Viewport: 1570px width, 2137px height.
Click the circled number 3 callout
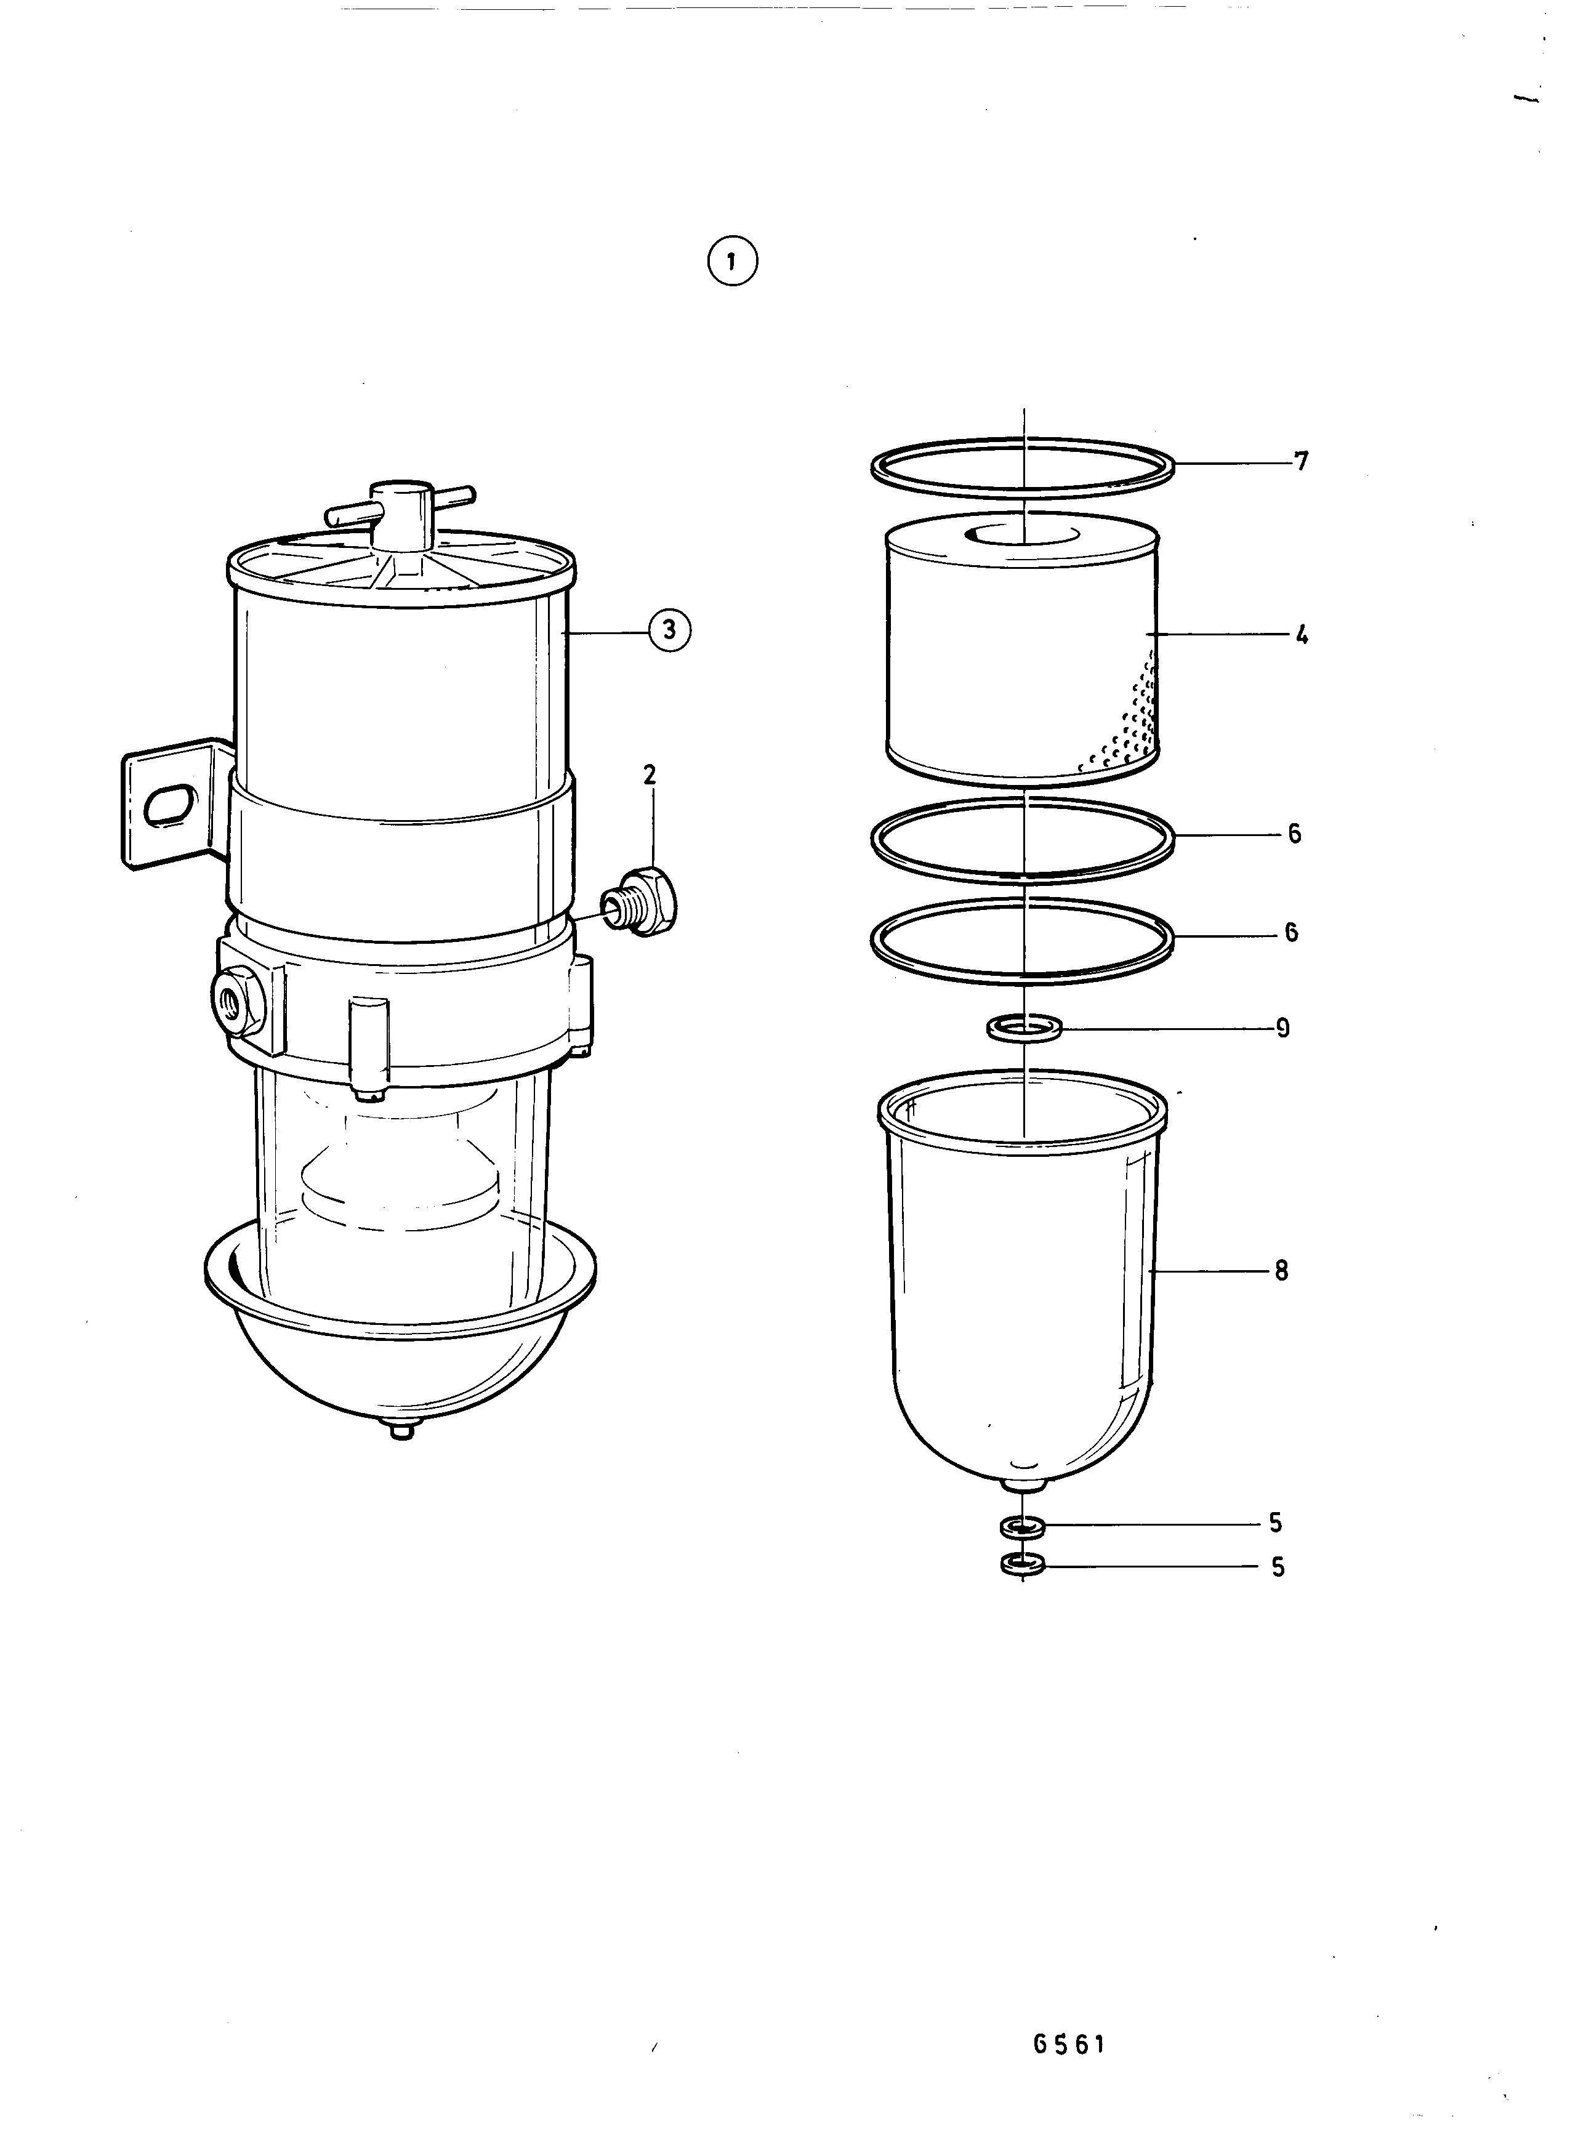(669, 630)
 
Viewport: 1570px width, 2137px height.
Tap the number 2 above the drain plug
(649, 775)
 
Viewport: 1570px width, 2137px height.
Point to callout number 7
(1301, 462)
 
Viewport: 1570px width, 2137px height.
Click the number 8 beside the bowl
(1281, 1270)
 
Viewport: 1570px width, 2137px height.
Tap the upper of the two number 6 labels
(1294, 834)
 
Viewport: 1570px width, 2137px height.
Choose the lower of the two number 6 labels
(1292, 932)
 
